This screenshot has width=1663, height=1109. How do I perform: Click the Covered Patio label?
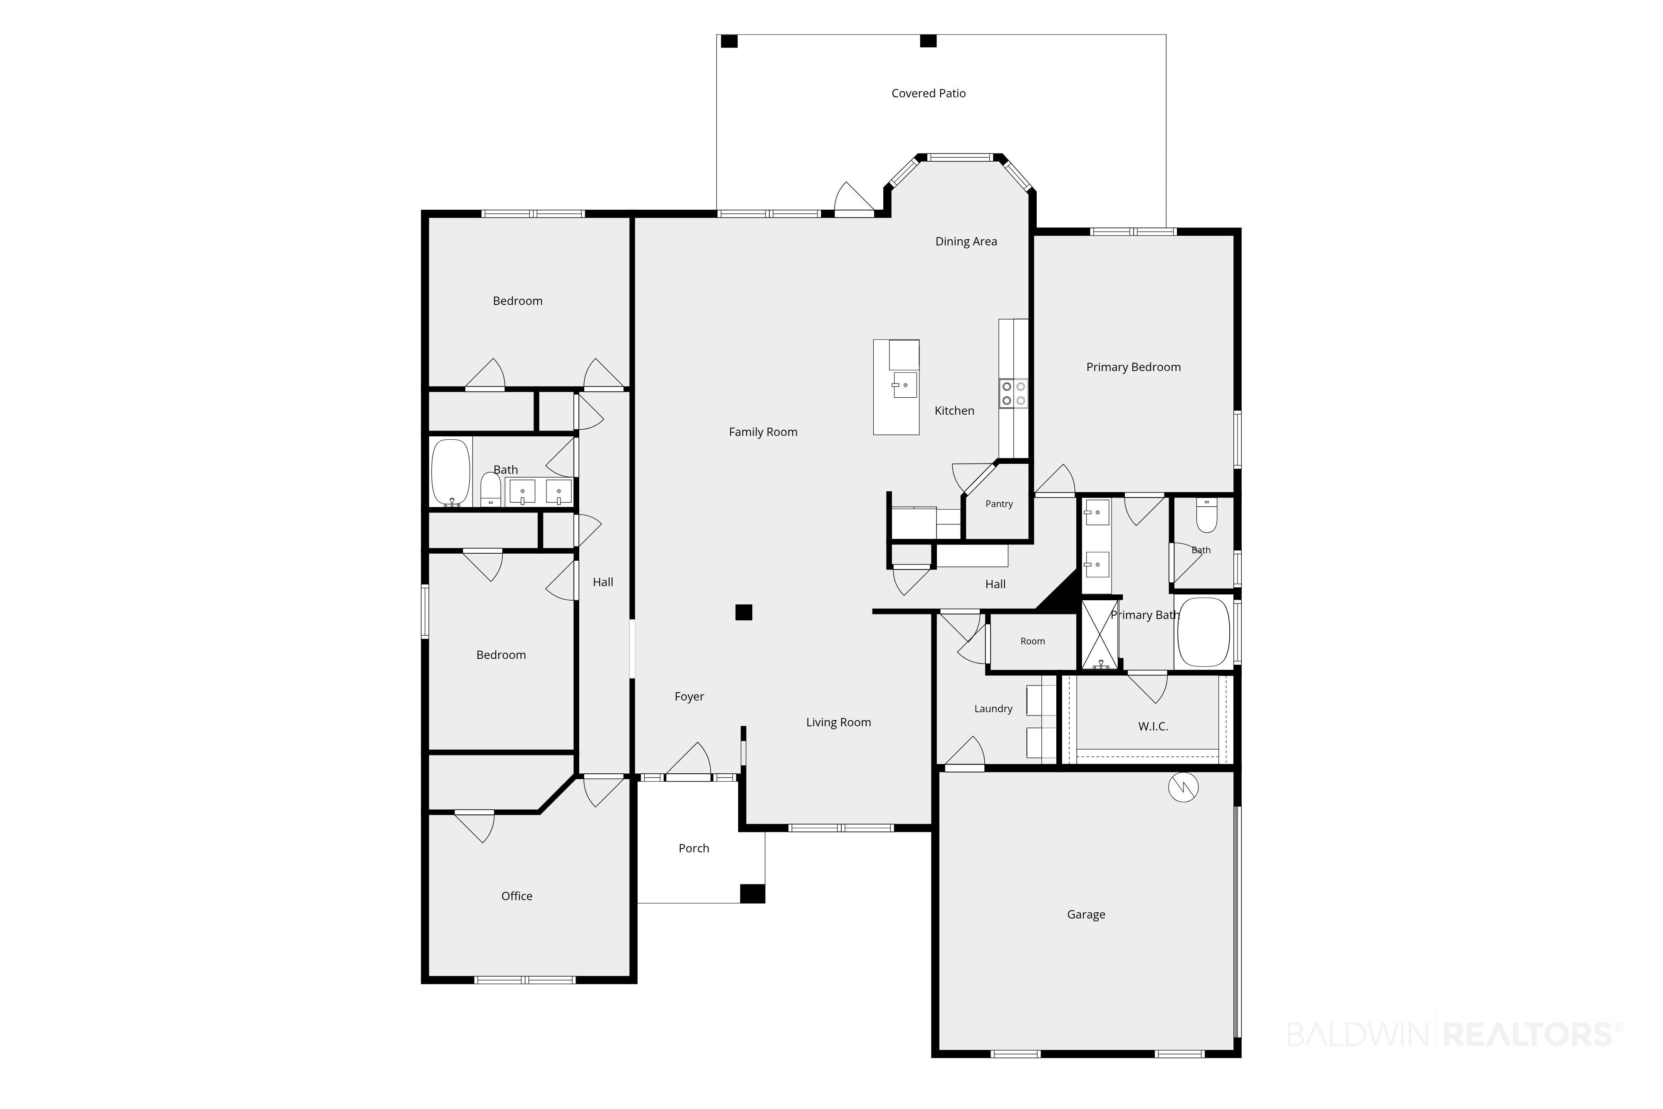[x=928, y=93]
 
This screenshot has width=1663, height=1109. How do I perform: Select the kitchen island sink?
[x=905, y=385]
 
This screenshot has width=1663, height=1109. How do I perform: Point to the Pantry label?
[x=999, y=504]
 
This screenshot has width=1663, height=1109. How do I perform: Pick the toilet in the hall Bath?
[x=491, y=490]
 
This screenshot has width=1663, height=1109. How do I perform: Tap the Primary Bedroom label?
[x=1134, y=367]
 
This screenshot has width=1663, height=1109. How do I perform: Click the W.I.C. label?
[x=1153, y=726]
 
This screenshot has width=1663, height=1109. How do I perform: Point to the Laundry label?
[x=993, y=709]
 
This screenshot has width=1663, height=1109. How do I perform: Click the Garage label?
[x=1086, y=914]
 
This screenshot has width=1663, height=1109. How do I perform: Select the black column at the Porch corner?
[x=752, y=893]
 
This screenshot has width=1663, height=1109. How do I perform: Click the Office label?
[x=517, y=896]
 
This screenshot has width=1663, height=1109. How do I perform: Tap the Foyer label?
[x=689, y=697]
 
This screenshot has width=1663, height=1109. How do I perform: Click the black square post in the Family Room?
[x=744, y=612]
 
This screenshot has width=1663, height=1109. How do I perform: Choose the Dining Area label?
[x=966, y=242]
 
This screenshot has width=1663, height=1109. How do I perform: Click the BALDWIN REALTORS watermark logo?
[x=1454, y=1034]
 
